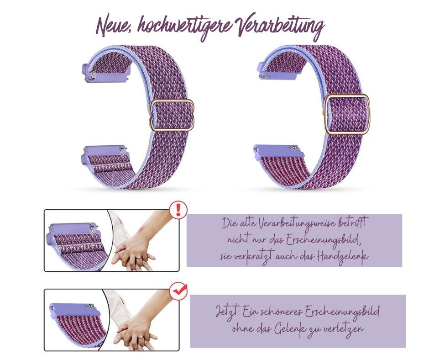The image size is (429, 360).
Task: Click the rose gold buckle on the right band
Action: point(347,114)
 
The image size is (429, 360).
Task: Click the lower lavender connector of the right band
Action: point(276,151)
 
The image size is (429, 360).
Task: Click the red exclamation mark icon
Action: point(178,210)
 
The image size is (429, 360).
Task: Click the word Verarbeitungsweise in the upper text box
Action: point(293,224)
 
